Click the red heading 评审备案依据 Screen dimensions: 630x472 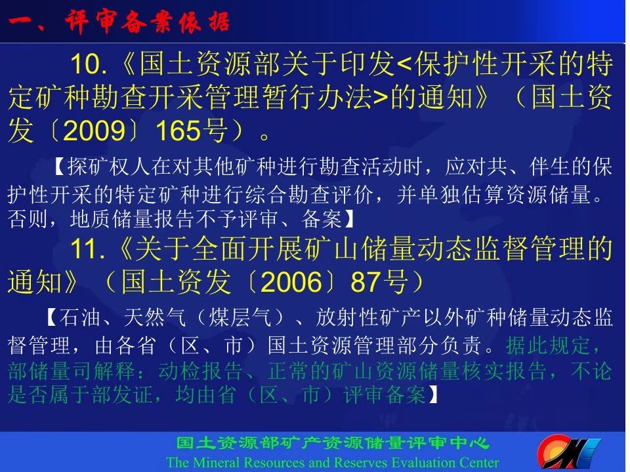click(148, 22)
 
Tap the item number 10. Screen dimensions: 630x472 click(89, 64)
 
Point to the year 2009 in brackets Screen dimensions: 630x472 click(94, 131)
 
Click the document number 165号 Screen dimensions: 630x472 click(192, 131)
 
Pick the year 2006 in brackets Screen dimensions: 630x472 click(291, 282)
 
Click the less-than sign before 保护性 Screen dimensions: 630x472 click(405, 65)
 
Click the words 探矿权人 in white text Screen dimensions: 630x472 click(108, 167)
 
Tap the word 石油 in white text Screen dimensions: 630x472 click(79, 318)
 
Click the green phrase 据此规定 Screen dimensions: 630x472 click(547, 345)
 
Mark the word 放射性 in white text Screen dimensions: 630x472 click(347, 318)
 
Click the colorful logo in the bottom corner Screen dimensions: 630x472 click(569, 453)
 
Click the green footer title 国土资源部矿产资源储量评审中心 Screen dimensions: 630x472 click(333, 443)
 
